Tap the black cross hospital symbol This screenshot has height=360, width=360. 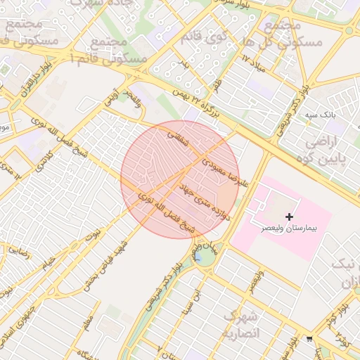(289, 217)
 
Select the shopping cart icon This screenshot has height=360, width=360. (309, 340)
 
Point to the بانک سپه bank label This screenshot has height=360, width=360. (324, 113)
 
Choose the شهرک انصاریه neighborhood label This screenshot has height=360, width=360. (241, 325)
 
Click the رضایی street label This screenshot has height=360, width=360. (18, 250)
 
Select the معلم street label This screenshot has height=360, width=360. (86, 327)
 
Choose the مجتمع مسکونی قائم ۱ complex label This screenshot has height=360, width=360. (112, 51)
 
